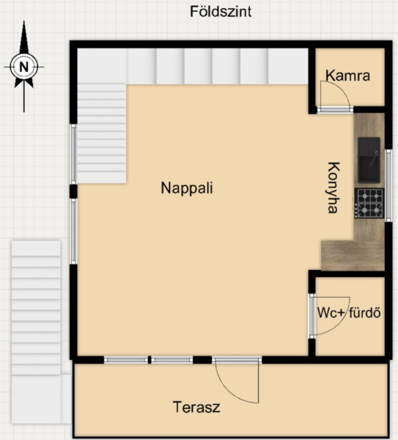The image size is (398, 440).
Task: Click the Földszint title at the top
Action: [x=221, y=12]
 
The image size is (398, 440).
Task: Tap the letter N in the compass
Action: [x=24, y=67]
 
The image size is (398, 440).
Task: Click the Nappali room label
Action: [x=187, y=188]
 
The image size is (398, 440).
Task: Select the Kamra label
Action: [x=348, y=76]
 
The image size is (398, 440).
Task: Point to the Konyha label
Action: [x=334, y=188]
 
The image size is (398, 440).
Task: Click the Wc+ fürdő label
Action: [x=349, y=313]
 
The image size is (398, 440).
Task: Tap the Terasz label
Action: [x=196, y=407]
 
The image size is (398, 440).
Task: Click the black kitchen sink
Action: [x=369, y=160]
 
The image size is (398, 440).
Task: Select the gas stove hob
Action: [x=369, y=203]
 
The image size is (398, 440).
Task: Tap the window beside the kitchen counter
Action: [x=388, y=186]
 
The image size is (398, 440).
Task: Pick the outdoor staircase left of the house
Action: [x=36, y=308]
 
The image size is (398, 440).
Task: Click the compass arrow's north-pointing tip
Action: [x=24, y=21]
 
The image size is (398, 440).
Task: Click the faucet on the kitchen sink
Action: [x=374, y=159]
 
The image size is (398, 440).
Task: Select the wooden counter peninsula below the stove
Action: [x=353, y=255]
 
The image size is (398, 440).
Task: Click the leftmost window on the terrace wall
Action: [x=125, y=360]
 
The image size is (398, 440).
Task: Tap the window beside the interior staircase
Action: [x=73, y=154]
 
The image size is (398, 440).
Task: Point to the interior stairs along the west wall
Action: [x=102, y=133]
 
